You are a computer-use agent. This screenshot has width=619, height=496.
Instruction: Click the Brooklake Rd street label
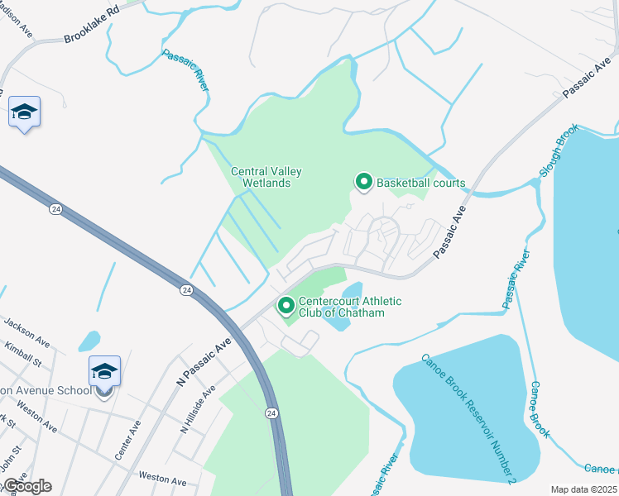(x=90, y=22)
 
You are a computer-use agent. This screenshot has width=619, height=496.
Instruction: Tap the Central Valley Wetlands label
(x=266, y=177)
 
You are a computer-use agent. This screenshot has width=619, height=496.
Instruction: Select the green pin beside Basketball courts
(x=363, y=181)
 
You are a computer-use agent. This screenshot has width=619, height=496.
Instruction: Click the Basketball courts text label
(x=421, y=183)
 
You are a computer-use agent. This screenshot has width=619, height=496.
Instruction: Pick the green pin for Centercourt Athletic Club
(x=286, y=307)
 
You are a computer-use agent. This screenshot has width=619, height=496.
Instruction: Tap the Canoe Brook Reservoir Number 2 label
(x=469, y=417)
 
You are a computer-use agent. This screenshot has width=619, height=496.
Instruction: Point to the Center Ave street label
(x=128, y=440)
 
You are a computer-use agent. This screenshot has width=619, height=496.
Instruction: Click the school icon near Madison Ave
(x=24, y=112)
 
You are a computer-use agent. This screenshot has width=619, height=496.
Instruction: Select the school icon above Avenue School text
(x=104, y=370)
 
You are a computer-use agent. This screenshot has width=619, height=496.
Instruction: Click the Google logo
(x=27, y=486)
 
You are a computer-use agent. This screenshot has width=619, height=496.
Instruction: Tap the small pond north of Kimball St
(x=89, y=340)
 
